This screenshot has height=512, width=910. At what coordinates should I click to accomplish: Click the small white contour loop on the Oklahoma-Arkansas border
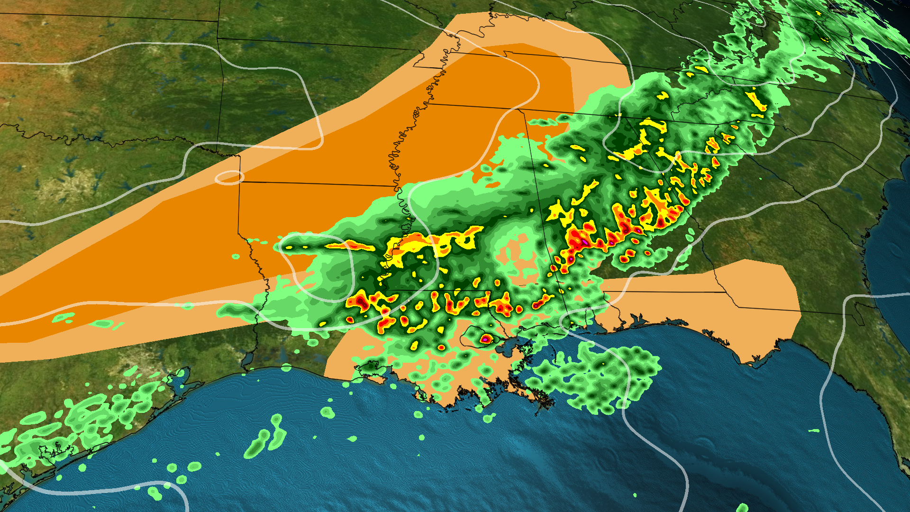[229, 178]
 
